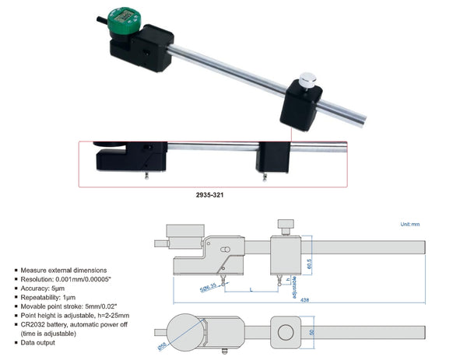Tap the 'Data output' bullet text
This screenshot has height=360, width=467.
pos(40,341)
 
